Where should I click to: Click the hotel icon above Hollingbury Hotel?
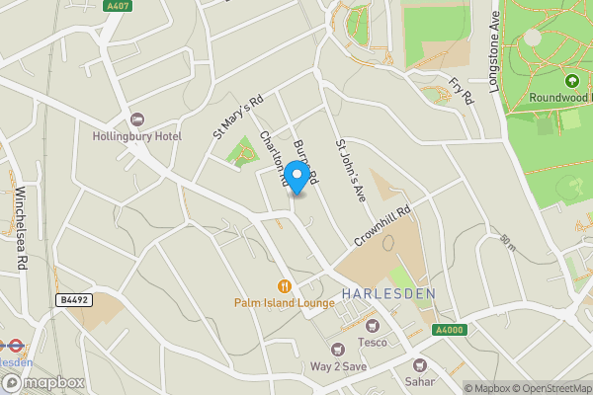pos(137,118)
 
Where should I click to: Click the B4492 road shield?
pos(72,299)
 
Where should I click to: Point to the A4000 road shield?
pos(449,331)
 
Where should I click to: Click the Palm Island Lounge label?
pos(284,302)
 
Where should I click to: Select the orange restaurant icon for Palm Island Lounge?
pos(284,285)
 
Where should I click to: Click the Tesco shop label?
pos(372,343)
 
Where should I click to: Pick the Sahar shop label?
pos(419,380)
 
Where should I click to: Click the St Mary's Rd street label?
pos(239,117)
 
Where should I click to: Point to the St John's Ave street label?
pos(351,171)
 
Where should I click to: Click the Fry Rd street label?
pos(461,90)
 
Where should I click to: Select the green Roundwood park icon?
pos(571,80)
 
